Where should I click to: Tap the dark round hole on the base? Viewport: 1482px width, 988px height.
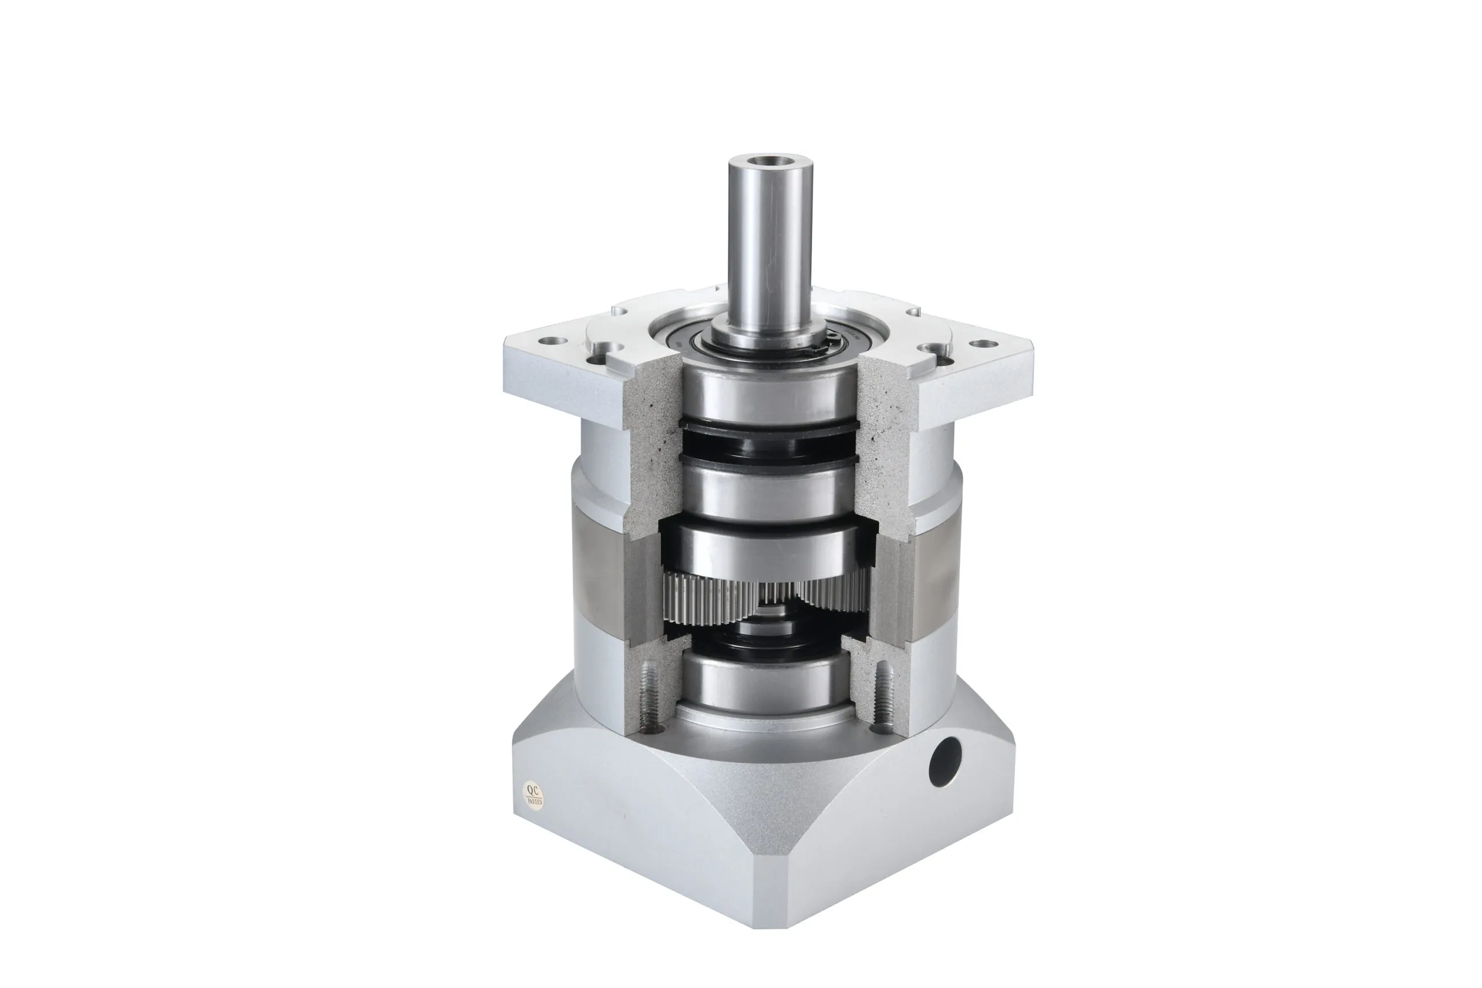pyautogui.click(x=946, y=761)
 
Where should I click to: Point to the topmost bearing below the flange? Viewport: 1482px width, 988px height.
pyautogui.click(x=769, y=394)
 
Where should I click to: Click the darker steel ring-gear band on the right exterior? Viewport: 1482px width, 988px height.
pyautogui.click(x=933, y=567)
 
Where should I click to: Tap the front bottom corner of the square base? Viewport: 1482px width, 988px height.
pyautogui.click(x=772, y=923)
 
